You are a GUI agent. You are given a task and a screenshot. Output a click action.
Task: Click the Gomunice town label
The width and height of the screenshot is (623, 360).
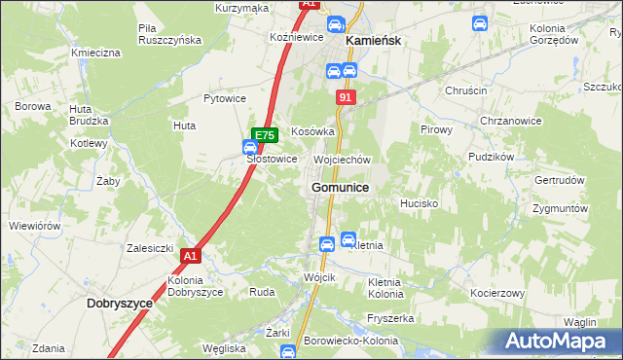click(340, 187)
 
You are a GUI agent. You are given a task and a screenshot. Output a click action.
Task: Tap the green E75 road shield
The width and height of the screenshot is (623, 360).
click(264, 135)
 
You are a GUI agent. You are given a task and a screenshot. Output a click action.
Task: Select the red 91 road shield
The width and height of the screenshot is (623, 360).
click(347, 98)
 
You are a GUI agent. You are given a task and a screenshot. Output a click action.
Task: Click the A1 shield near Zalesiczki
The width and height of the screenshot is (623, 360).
click(190, 256)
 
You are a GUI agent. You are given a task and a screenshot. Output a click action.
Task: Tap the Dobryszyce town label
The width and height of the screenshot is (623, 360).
click(120, 303)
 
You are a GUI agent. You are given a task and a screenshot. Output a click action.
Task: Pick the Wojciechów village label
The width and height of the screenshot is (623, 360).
click(343, 160)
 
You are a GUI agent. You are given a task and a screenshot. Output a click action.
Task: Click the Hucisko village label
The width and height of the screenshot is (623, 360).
click(420, 204)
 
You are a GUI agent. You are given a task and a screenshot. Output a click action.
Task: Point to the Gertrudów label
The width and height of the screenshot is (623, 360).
click(559, 181)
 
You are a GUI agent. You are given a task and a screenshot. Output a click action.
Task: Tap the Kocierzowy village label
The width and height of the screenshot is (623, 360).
click(497, 293)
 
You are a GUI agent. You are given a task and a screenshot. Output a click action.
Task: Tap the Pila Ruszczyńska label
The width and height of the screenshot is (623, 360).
click(169, 34)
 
